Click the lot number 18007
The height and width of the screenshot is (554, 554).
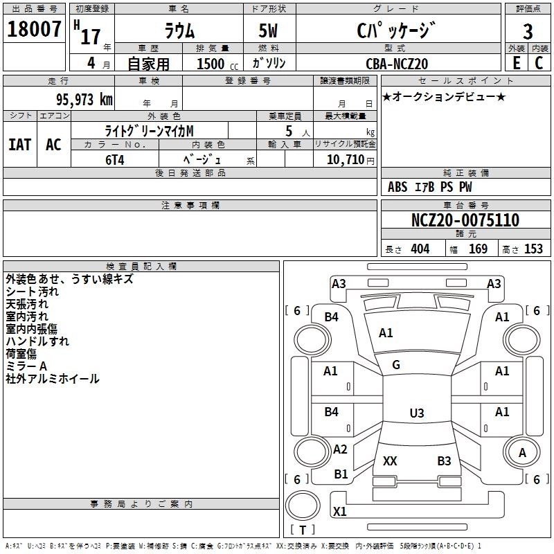pos(34,29)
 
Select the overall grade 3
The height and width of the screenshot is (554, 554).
pos(528,31)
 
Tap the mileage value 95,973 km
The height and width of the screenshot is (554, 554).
pos(84,100)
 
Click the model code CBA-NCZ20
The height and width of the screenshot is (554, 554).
pos(397,64)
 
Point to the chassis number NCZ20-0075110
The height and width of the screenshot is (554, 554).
pos(465,220)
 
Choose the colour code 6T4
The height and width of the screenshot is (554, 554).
pos(115,160)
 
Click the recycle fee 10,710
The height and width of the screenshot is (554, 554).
pos(345,159)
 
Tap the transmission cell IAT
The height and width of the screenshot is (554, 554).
pos(20,145)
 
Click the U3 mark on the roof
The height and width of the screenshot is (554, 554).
pos(417,413)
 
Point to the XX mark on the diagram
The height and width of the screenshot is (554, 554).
pos(390,461)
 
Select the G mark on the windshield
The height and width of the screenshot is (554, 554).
pos(396,364)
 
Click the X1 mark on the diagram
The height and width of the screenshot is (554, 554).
pos(339,511)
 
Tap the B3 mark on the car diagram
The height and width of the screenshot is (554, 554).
pos(444,461)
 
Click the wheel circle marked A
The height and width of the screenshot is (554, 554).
pos(522,452)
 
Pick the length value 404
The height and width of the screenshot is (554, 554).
pos(420,249)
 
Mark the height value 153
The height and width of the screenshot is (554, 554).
pos(533,249)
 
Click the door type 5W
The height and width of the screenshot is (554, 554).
pos(268,30)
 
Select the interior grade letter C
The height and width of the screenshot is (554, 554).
pos(539,63)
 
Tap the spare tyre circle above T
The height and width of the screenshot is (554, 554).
pos(303,506)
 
